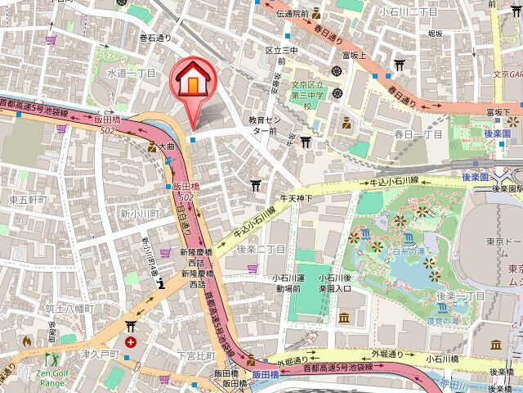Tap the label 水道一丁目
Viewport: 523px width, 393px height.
tap(131, 73)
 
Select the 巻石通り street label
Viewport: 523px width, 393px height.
tap(155, 37)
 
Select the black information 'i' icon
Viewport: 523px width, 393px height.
tap(163, 283)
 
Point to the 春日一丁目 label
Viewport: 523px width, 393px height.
tap(418, 133)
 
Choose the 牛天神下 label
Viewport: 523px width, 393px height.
tap(297, 197)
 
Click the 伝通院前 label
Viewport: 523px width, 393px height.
tap(292, 14)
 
